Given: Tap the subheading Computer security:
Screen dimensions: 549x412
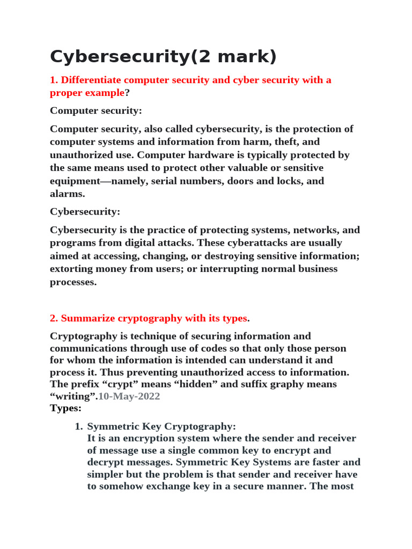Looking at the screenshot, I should click(96, 110).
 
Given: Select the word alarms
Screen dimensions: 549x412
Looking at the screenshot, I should click(68, 194).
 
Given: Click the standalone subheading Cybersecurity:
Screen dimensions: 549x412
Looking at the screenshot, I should click(85, 212).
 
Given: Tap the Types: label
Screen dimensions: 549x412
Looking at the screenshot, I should click(65, 409).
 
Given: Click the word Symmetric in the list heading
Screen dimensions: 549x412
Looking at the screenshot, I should click(112, 427).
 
